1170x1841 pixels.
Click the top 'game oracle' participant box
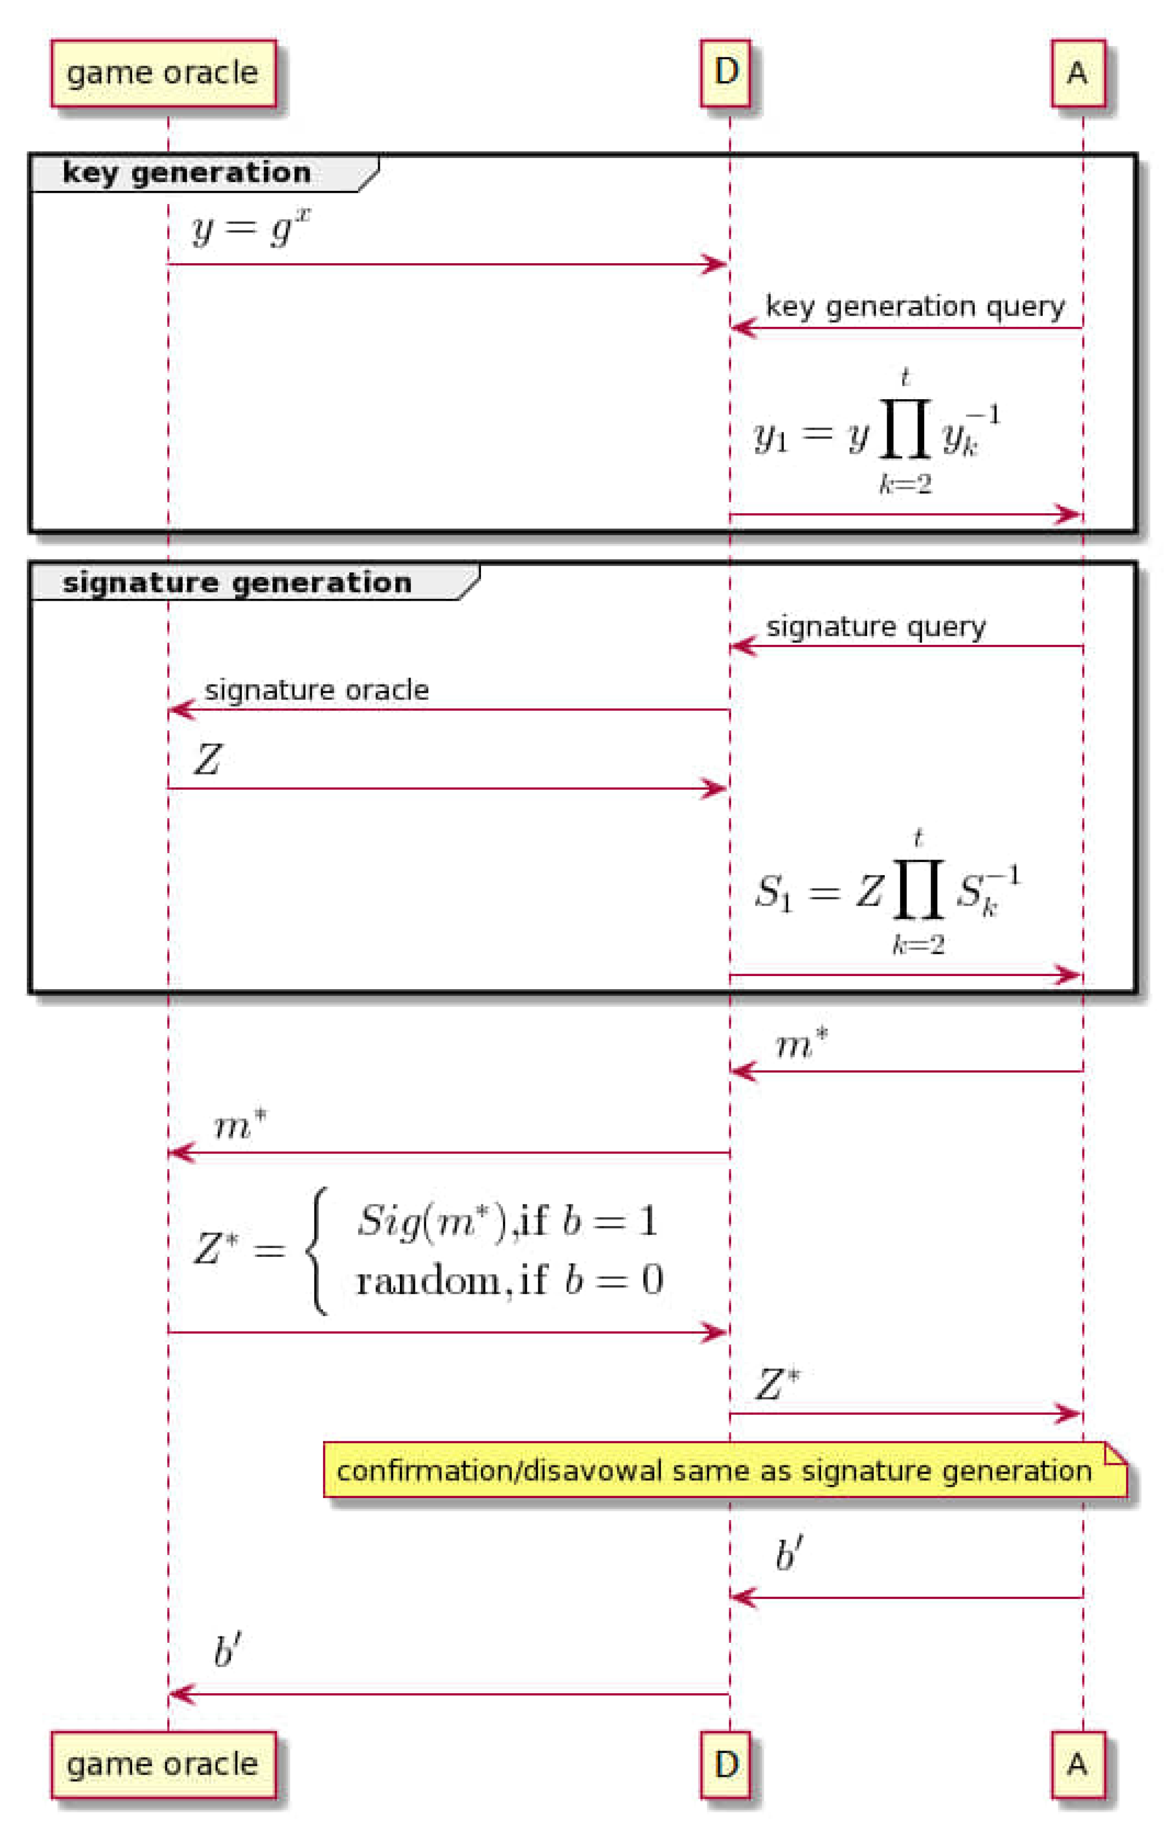pyautogui.click(x=163, y=73)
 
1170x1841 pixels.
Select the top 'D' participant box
pyautogui.click(x=726, y=73)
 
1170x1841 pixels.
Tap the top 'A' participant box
pyautogui.click(x=1078, y=73)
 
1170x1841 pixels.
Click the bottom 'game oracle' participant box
pyautogui.click(x=163, y=1764)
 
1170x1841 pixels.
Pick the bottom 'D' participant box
pyautogui.click(x=726, y=1764)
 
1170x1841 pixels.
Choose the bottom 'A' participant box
pyautogui.click(x=1078, y=1764)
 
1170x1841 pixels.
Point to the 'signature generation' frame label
pyautogui.click(x=237, y=583)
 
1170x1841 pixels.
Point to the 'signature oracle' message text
pyautogui.click(x=317, y=690)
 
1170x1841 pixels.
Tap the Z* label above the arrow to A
pyautogui.click(x=778, y=1385)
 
